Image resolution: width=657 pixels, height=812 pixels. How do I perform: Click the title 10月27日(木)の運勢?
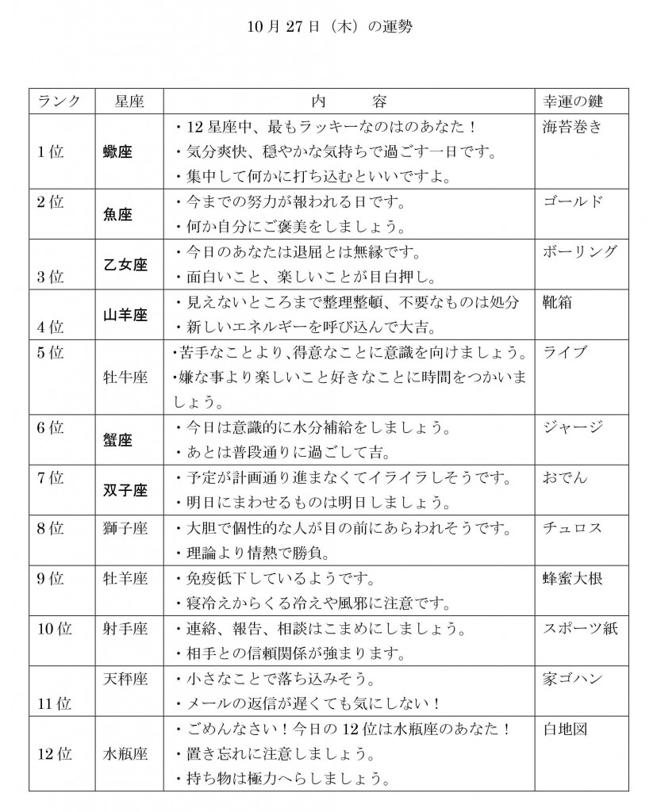pos(328,24)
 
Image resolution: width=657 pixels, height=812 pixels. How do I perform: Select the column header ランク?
pos(60,101)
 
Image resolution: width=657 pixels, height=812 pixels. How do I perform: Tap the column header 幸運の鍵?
pos(573,101)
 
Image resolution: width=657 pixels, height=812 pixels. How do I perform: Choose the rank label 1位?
pos(51,152)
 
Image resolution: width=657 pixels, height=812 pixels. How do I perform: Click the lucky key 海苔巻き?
pos(572,127)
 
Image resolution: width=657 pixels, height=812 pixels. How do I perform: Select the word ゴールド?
pos(573,201)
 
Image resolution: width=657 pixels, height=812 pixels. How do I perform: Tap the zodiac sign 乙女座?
pos(125,265)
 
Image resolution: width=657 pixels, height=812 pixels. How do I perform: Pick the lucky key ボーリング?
pos(579,252)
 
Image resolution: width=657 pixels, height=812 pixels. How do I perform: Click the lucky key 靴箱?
pos(559,302)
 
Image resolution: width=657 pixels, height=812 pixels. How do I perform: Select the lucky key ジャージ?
pos(573,427)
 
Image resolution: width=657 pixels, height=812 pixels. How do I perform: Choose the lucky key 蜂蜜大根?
pos(573,578)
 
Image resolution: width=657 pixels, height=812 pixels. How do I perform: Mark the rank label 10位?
pos(55,629)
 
